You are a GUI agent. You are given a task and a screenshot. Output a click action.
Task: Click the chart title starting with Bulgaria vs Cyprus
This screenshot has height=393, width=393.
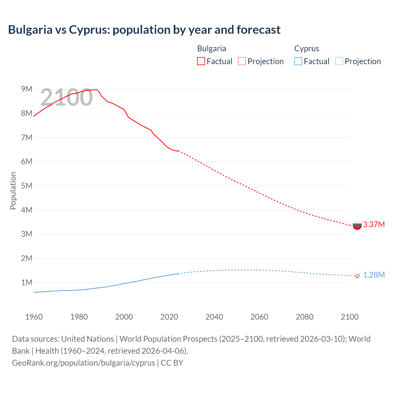(144, 30)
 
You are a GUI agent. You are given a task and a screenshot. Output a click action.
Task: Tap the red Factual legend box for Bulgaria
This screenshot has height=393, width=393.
(201, 61)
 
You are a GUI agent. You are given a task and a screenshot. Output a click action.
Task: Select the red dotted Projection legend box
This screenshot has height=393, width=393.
(242, 61)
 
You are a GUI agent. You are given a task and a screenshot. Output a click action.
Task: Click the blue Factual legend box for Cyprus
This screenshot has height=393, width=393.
(298, 61)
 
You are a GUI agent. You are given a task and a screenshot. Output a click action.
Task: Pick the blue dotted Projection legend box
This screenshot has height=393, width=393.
(339, 61)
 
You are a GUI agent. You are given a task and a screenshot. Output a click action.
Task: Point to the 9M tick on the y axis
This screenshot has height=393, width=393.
(27, 89)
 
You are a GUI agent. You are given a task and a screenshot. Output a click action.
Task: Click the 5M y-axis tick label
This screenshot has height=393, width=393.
(27, 186)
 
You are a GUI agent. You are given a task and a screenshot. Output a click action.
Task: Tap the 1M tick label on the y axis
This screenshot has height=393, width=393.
(27, 282)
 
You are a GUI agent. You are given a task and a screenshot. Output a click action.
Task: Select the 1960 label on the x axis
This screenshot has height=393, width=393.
(34, 317)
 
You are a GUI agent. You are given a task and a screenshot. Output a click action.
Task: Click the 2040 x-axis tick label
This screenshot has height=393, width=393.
(214, 317)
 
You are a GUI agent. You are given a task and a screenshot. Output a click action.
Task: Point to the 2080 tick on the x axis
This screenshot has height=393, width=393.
(305, 317)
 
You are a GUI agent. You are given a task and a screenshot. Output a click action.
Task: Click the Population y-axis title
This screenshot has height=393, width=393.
(13, 191)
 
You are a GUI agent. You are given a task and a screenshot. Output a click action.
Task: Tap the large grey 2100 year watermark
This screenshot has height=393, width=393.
(66, 97)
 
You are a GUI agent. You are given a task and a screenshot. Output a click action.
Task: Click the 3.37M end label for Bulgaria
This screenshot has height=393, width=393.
(374, 224)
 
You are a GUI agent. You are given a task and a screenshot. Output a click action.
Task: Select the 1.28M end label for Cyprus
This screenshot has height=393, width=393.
(374, 275)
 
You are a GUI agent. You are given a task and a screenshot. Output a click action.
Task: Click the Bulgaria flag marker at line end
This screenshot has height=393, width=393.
(357, 225)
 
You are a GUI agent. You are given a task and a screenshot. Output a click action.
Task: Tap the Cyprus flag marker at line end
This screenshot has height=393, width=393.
(357, 275)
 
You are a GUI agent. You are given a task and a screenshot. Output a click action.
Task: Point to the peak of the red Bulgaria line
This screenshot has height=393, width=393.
(97, 89)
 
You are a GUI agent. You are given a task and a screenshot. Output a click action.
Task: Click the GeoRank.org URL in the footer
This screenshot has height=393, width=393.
(84, 363)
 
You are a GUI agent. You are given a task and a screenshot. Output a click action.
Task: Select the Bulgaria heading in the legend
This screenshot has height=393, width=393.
(212, 49)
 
